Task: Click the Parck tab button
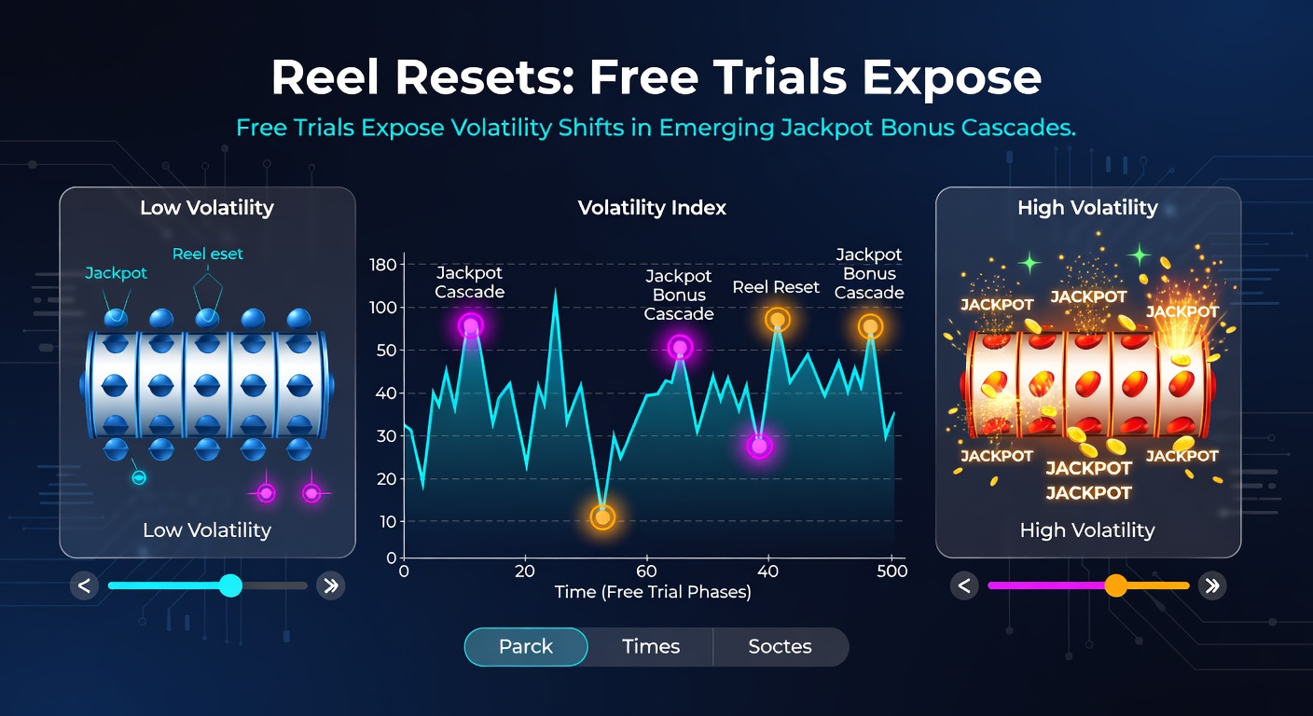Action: (526, 647)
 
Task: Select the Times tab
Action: (651, 647)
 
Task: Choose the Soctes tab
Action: (780, 647)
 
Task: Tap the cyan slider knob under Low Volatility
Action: (229, 585)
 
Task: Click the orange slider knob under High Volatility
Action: (1115, 585)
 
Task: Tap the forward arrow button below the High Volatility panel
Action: (1212, 585)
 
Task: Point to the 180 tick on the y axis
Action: (383, 265)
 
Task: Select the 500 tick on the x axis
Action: (892, 571)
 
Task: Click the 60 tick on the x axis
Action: (645, 571)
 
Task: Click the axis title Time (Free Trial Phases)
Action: (652, 592)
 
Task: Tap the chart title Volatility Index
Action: (652, 208)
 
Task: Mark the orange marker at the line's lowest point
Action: (602, 517)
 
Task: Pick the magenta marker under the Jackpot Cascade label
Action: (471, 326)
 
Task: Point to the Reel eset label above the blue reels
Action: (208, 255)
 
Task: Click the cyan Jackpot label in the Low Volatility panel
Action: (117, 273)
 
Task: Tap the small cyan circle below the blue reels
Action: (139, 478)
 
